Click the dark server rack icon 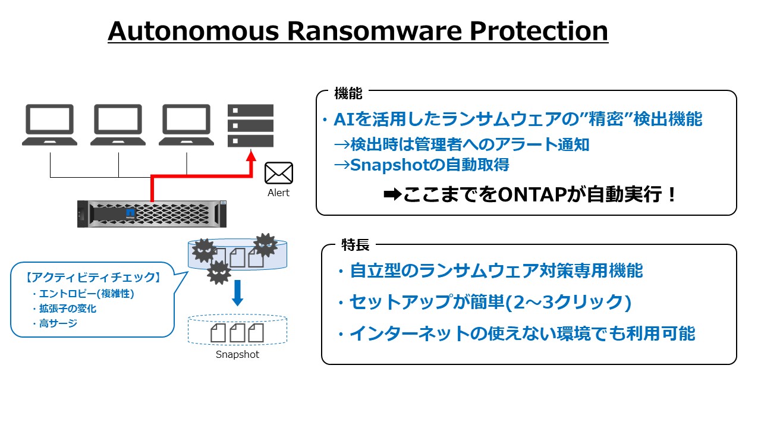(x=251, y=126)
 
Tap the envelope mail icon (x=279, y=173)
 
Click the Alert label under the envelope (x=279, y=193)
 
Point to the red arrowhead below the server (x=251, y=159)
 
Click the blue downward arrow (x=237, y=293)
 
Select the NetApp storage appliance (x=152, y=213)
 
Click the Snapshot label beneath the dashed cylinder (x=237, y=355)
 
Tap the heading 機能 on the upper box (x=348, y=93)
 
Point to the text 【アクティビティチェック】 (x=92, y=278)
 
